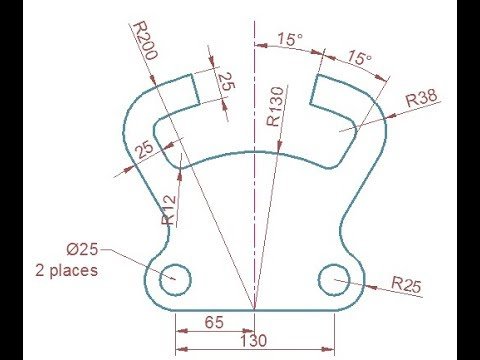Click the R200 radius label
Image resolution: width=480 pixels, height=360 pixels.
(145, 41)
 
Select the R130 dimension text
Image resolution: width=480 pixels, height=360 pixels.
(275, 107)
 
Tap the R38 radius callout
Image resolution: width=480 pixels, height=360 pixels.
(422, 98)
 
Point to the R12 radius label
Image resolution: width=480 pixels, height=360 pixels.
(169, 210)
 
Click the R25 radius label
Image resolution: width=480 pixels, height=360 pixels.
(406, 284)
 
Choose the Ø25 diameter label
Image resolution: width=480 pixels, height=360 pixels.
(82, 249)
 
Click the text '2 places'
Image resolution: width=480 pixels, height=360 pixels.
(67, 270)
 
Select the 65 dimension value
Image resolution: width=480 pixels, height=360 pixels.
(214, 322)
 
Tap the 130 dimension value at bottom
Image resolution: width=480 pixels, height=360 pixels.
(254, 341)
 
